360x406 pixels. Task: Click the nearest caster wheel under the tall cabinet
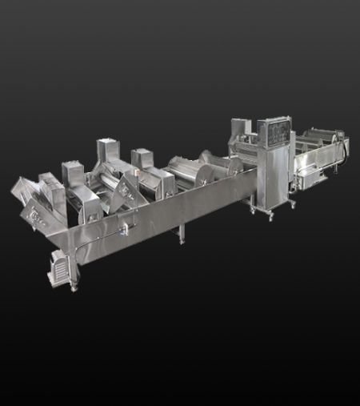pos(270,215)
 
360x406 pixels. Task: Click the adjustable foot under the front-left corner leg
pos(74,287)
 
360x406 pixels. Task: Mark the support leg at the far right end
pos(338,166)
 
